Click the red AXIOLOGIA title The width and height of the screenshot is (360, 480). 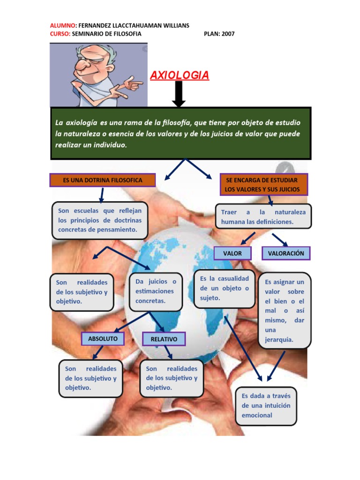[x=179, y=75]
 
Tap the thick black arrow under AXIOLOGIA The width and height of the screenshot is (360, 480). [x=179, y=94]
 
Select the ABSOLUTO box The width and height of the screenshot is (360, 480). [x=106, y=337]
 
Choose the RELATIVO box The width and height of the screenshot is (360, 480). [x=164, y=338]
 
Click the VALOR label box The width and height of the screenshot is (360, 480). [x=232, y=253]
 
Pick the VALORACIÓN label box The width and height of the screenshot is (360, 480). [x=286, y=253]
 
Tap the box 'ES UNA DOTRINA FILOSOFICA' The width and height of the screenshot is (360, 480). [x=103, y=180]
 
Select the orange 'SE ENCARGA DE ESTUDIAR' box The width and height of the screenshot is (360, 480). [x=265, y=184]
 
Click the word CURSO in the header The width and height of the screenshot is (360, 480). [x=60, y=34]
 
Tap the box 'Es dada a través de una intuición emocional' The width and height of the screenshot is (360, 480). [x=266, y=405]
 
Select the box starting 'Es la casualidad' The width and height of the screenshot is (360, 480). [x=224, y=288]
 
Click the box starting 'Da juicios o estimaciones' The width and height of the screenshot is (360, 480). [x=156, y=291]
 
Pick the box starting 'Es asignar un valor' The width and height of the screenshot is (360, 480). [x=285, y=310]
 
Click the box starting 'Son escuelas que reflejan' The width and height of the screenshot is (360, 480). [x=99, y=220]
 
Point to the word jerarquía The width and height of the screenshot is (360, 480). [x=279, y=340]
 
